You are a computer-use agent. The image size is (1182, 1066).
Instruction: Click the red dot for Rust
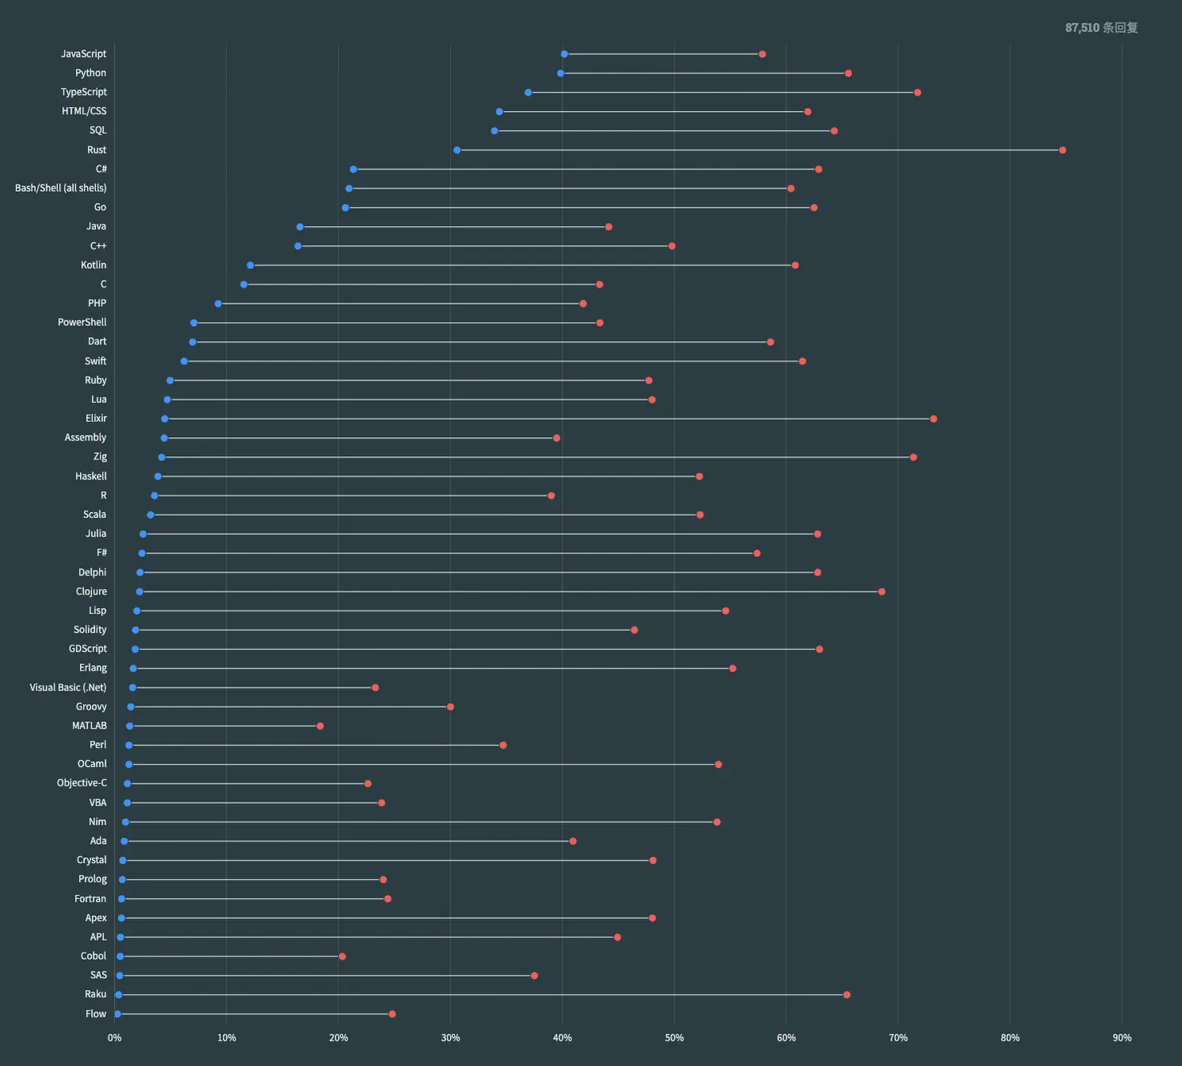point(1062,150)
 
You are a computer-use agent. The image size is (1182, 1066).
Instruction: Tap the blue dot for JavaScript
point(564,54)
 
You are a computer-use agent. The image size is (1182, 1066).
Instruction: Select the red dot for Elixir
point(933,419)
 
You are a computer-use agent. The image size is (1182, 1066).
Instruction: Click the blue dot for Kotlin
point(250,265)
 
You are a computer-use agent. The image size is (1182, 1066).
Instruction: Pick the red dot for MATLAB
point(320,726)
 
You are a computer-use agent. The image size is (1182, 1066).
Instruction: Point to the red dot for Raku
point(846,995)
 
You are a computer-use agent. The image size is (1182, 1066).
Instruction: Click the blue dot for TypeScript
point(528,93)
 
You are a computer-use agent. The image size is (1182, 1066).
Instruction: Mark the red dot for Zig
point(913,457)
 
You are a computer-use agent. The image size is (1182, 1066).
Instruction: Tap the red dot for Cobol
point(342,957)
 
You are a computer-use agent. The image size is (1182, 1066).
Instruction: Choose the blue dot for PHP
point(218,304)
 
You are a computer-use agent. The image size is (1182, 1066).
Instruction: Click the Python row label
point(90,73)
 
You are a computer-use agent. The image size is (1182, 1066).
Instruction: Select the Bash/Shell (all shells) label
point(61,188)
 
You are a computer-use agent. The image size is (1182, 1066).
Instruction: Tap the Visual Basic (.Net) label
point(68,687)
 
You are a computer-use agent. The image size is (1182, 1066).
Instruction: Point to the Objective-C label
point(82,783)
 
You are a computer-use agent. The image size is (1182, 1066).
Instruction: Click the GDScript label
point(87,649)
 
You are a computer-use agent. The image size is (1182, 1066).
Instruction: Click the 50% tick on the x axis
point(675,1038)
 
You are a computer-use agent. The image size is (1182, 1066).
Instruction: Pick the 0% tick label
point(114,1038)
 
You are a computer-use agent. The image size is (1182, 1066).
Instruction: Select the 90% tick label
point(1122,1038)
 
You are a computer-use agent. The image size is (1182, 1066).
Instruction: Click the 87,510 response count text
point(1101,28)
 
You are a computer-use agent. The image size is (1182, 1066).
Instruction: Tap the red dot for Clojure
point(882,591)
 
